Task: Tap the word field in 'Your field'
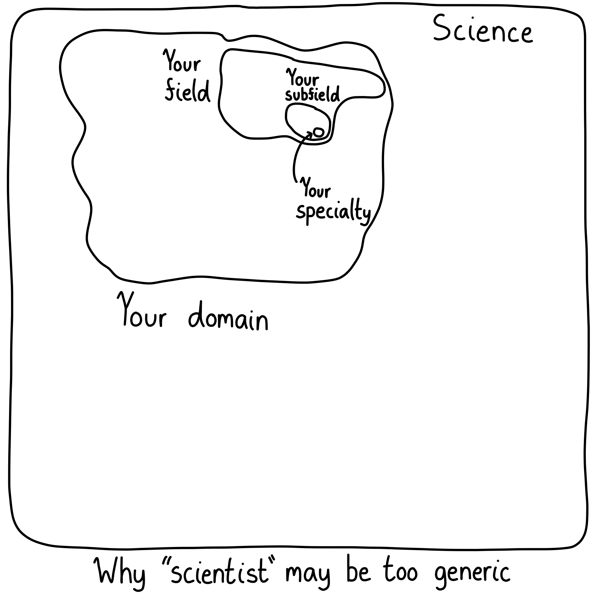click(x=188, y=91)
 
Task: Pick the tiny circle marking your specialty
click(x=319, y=132)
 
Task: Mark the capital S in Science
click(x=441, y=28)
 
